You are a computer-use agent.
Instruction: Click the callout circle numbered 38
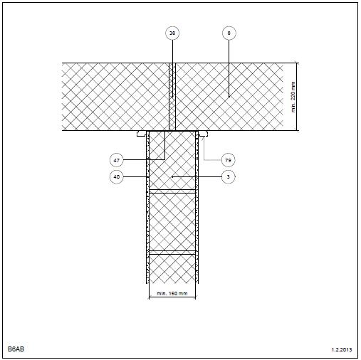tap(172, 33)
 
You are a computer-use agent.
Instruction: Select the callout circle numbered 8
tap(229, 33)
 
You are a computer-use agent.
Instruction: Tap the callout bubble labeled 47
tap(117, 160)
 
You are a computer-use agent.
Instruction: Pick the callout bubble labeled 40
tap(117, 176)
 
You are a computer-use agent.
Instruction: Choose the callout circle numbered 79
tap(228, 160)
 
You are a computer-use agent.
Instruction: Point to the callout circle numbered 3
tap(228, 176)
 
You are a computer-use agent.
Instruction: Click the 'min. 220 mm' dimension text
tap(293, 97)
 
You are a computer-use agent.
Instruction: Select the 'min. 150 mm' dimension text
tap(172, 293)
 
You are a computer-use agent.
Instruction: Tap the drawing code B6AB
tap(16, 349)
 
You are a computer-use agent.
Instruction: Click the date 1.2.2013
tap(342, 349)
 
